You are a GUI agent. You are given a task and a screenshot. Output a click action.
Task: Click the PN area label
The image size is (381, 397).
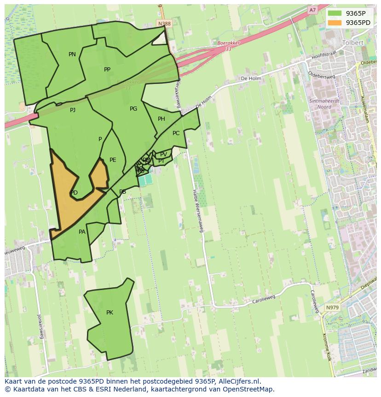tap(72, 54)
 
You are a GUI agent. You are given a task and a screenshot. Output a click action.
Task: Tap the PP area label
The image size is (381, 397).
tap(107, 70)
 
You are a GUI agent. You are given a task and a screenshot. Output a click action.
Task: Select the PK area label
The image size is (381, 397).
tap(110, 313)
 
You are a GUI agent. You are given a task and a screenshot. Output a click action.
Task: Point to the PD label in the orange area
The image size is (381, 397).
tap(74, 193)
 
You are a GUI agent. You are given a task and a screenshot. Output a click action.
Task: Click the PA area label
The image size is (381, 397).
tap(82, 232)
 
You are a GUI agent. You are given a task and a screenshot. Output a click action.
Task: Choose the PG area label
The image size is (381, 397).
tap(133, 109)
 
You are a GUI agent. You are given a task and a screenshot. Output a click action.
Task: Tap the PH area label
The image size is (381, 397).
tap(162, 119)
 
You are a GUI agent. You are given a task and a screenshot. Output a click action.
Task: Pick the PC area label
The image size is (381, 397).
tap(176, 133)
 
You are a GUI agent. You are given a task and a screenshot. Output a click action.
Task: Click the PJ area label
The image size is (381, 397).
tap(73, 110)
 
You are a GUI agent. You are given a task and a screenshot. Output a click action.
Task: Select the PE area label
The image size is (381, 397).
tap(113, 160)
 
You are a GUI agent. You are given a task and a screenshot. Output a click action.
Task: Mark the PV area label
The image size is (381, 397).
tap(163, 154)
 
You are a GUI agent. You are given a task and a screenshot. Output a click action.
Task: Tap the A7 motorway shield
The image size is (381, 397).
tap(312, 10)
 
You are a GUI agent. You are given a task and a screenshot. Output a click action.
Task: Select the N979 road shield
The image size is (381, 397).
tap(332, 308)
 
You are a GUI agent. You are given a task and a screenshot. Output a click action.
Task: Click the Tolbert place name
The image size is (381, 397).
tap(353, 42)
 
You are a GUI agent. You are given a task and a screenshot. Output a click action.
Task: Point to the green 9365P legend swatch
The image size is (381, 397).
tap(335, 13)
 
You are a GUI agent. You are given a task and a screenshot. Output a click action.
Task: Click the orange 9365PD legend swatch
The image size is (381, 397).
tap(335, 23)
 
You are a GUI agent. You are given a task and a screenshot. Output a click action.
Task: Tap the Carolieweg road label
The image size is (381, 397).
tap(264, 300)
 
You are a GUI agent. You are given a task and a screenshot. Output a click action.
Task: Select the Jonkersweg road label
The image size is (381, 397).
tap(40, 326)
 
